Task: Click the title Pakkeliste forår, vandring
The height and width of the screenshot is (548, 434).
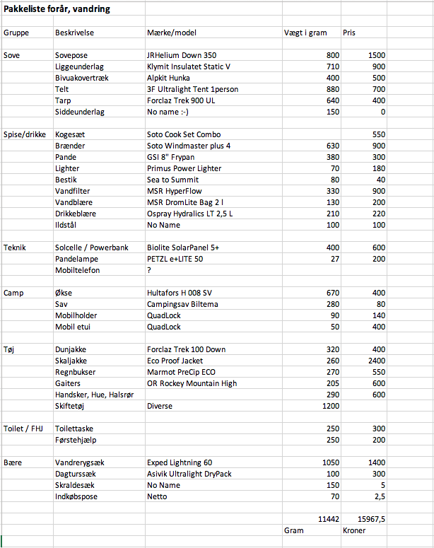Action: pos(56,9)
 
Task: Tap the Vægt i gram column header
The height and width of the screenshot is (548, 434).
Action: pos(305,33)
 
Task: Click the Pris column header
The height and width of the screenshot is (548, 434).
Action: pos(349,33)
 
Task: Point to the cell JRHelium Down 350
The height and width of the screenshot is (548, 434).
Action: pos(182,55)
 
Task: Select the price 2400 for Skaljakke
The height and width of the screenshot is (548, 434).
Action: pos(375,361)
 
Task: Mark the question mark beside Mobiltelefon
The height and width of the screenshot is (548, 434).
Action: pos(149,270)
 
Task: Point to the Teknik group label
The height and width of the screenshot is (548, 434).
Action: pos(16,247)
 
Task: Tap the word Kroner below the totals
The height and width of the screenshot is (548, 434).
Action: pos(355,530)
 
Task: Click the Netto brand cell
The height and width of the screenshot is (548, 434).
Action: pos(157,496)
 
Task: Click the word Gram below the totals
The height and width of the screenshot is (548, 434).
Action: pos(293,530)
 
